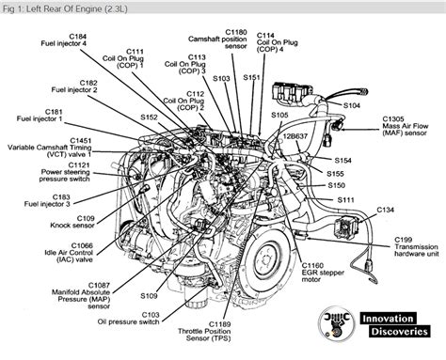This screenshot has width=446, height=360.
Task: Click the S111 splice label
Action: click(x=347, y=200)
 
